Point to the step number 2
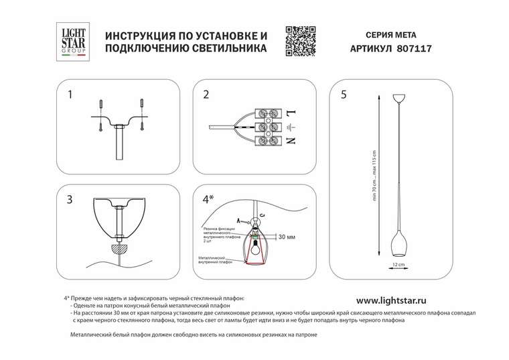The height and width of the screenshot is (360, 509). coord(206,95)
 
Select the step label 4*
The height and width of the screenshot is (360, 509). coord(208,199)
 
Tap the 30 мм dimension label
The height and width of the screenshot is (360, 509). coord(286,237)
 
